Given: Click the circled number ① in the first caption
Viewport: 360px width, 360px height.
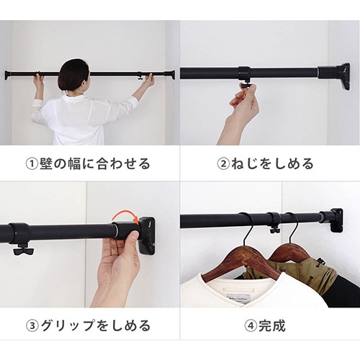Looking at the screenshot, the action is (x=32, y=164).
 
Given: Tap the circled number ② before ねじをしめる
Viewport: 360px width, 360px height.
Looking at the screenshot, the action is (x=223, y=164).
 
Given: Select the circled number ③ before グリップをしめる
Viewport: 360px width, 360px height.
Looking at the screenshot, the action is (x=32, y=326).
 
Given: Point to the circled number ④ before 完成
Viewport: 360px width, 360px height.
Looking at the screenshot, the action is (x=251, y=326).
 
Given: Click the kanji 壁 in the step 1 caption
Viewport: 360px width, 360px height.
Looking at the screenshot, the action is (x=46, y=164).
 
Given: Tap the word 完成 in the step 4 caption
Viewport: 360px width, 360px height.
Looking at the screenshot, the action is (x=272, y=326).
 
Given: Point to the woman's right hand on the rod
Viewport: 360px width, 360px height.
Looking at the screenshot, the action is (x=148, y=80).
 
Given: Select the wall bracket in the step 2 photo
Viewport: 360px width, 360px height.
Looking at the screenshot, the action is (x=343, y=76).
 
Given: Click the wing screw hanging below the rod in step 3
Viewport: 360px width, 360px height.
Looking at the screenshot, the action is (x=24, y=249).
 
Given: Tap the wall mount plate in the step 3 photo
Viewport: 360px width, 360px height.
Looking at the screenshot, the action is (x=146, y=236).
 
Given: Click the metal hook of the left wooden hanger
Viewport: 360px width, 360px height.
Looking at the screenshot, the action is (x=248, y=228).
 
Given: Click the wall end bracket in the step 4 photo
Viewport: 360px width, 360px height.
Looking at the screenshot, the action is (x=336, y=220).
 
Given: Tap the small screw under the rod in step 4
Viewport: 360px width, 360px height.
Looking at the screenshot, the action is (x=274, y=230).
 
